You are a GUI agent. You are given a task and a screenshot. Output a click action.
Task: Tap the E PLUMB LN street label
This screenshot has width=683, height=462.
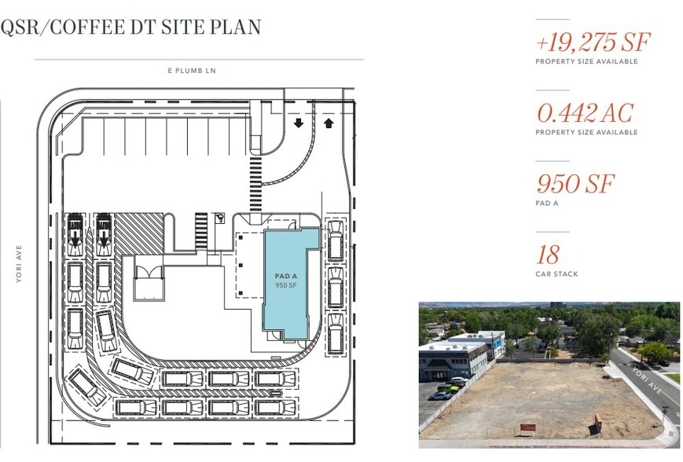192,71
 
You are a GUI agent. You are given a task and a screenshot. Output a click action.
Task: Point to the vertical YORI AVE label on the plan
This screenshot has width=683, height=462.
19,264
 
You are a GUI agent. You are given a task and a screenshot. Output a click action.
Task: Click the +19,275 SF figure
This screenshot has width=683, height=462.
593,42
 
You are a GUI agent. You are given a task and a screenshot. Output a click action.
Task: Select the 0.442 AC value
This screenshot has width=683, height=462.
585,113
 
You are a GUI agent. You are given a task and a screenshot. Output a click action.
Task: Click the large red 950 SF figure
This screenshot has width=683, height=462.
575,184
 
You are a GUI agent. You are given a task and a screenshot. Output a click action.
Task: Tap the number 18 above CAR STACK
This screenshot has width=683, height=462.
548,255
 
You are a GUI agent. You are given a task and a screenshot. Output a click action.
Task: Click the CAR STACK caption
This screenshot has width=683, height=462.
556,274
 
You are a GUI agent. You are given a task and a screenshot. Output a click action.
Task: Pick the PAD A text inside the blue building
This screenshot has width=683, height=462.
286,276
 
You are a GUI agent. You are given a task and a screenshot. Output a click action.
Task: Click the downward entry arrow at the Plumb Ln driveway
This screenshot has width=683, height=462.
299,123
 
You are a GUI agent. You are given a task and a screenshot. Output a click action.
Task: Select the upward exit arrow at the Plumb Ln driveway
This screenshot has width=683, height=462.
329,123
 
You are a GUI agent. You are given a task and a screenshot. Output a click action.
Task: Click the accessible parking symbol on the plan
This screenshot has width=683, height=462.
220,218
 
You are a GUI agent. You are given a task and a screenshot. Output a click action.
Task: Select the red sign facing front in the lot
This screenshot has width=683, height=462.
527,427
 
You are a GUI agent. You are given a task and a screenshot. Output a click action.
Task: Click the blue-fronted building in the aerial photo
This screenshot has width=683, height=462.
491,344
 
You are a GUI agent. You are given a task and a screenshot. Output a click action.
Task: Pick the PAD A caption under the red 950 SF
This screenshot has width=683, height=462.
547,203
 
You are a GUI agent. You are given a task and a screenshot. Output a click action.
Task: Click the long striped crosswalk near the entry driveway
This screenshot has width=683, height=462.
255,185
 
